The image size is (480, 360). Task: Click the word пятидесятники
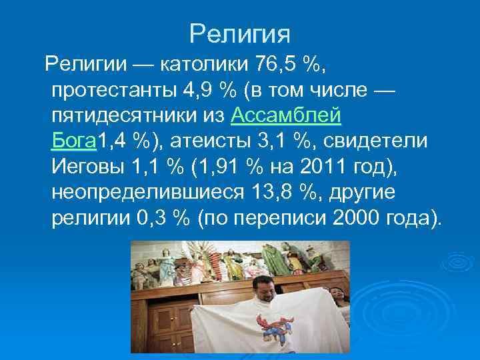125,117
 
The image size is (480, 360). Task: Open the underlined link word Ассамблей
286,117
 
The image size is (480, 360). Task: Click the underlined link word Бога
74,142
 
